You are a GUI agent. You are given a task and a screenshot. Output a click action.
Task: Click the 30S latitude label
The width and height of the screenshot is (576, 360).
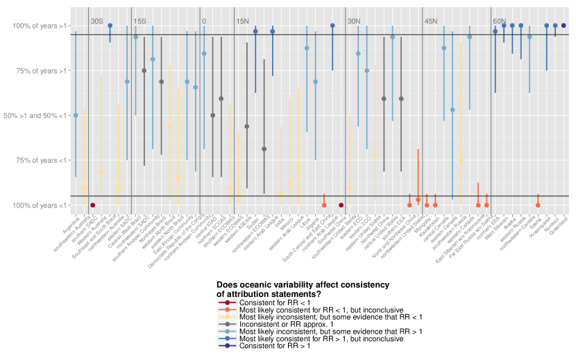click(96, 22)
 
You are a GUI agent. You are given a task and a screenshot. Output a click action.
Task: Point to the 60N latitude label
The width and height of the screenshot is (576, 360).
click(499, 22)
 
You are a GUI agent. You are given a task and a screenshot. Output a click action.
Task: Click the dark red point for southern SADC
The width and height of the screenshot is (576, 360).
click(92, 205)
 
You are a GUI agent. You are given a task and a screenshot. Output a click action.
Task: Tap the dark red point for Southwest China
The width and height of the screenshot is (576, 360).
click(341, 205)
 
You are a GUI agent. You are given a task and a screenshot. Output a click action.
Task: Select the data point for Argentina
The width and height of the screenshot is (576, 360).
click(76, 115)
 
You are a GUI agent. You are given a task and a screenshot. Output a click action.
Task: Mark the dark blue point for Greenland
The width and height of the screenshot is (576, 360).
click(564, 26)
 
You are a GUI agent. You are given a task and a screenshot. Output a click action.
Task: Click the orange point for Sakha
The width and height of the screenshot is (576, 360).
click(538, 205)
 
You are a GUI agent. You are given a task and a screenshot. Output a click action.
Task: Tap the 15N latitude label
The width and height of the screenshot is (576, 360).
click(242, 22)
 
